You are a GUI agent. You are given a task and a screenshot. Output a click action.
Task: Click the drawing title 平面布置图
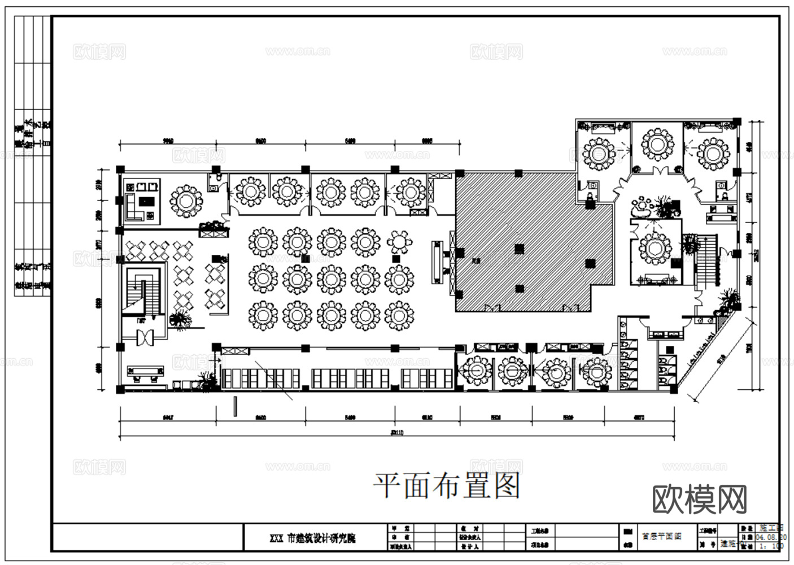pyautogui.click(x=446, y=486)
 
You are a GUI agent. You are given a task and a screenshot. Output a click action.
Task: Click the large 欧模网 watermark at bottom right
pyautogui.click(x=700, y=499)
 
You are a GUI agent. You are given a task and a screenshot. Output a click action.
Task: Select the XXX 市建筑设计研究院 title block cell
pyautogui.click(x=321, y=538)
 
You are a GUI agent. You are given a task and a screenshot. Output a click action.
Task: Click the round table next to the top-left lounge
pyautogui.click(x=186, y=201)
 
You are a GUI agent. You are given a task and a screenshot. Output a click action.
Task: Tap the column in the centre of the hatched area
pyautogui.click(x=519, y=247)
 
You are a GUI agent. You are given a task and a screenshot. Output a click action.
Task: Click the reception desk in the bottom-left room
pyautogui.click(x=145, y=371)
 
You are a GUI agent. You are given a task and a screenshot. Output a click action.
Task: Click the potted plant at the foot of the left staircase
pyautogui.click(x=180, y=320)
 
